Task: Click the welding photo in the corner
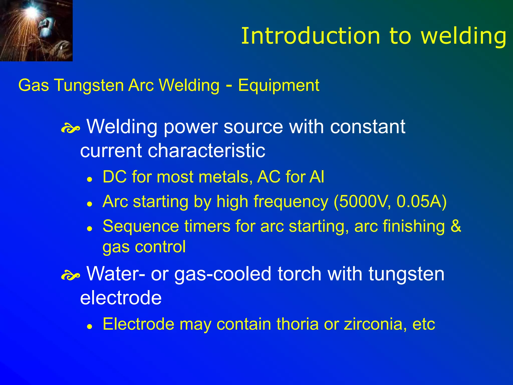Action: pos(36,30)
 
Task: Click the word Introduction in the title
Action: pos(311,36)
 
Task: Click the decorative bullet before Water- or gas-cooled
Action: pos(70,276)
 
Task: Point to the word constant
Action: pos(367,127)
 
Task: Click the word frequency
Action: pos(291,202)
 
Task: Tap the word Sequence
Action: pos(141,226)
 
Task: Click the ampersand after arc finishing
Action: pos(456,226)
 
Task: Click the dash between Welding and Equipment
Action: pos(228,85)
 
